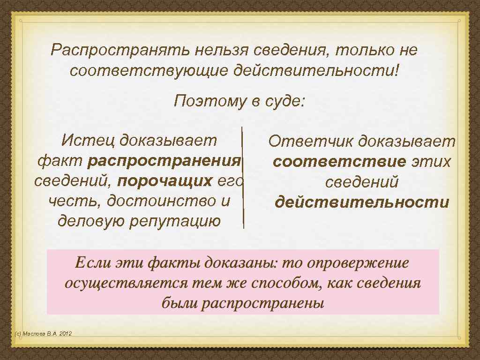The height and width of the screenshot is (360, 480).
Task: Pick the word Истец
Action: click(88, 140)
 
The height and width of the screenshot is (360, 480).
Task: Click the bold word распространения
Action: click(164, 161)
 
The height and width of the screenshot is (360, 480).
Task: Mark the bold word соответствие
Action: click(339, 162)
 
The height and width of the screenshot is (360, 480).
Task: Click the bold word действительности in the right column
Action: click(362, 202)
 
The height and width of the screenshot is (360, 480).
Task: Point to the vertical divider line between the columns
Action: click(242, 178)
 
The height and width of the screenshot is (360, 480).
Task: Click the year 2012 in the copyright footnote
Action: click(65, 334)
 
